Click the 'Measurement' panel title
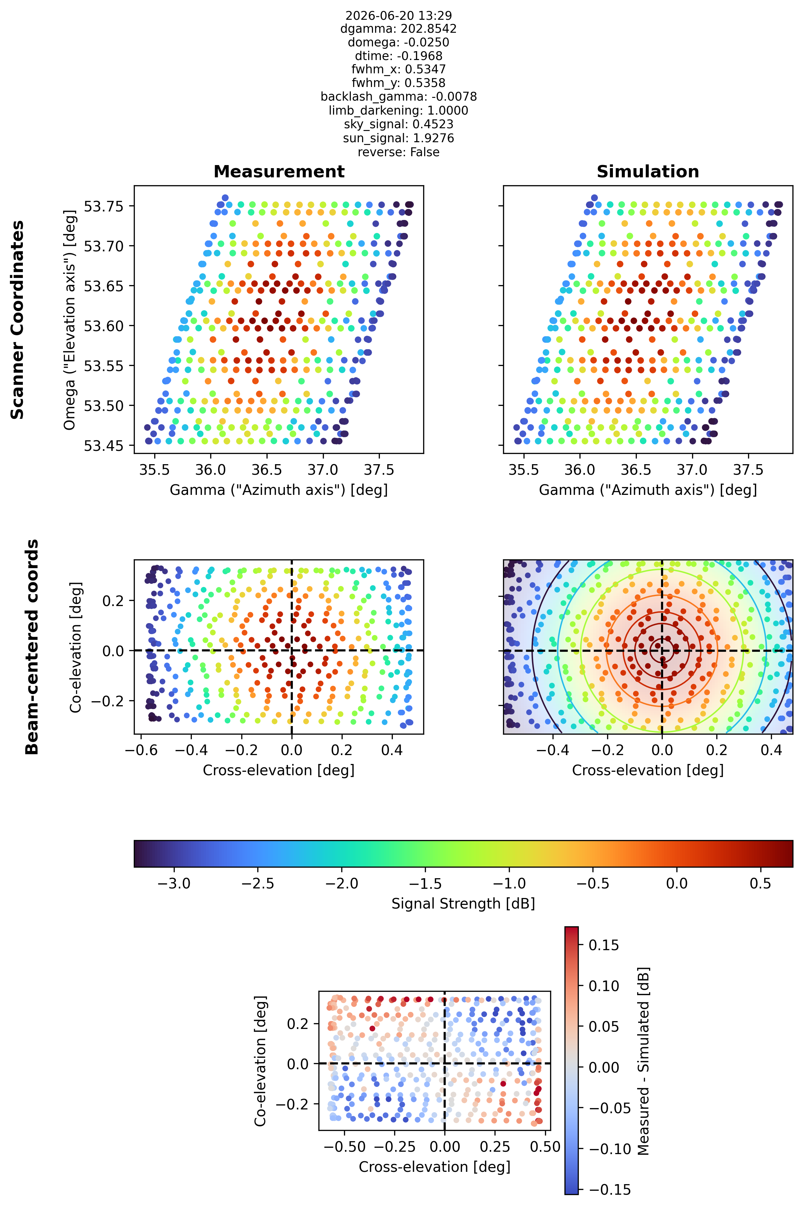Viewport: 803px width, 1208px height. click(x=279, y=172)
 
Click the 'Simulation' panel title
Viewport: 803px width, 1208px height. click(x=648, y=172)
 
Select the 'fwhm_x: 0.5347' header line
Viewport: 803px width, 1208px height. click(x=398, y=69)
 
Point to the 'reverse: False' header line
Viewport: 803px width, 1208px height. click(x=398, y=152)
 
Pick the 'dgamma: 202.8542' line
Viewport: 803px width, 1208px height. click(x=398, y=29)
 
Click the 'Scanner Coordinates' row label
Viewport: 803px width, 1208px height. click(x=17, y=320)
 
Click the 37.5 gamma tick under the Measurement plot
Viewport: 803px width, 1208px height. click(x=379, y=470)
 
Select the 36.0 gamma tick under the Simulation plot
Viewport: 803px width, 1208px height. click(x=580, y=470)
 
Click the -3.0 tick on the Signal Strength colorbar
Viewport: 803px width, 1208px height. click(x=174, y=884)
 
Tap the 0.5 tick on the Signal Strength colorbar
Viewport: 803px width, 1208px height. click(x=760, y=884)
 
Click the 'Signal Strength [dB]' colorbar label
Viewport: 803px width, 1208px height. click(x=463, y=903)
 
